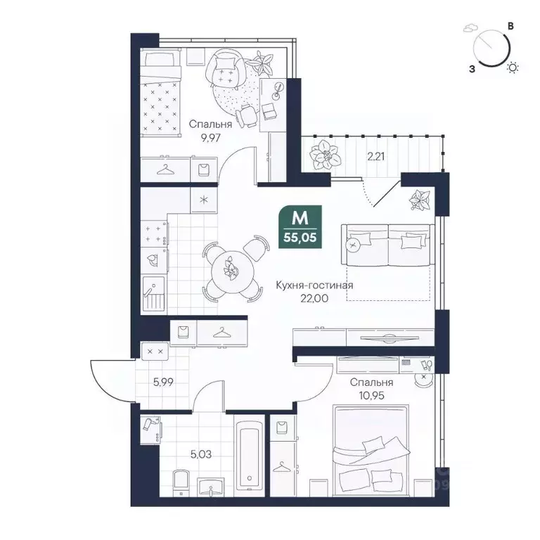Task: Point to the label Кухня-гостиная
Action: [x=314, y=285]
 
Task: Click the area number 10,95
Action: [x=368, y=397]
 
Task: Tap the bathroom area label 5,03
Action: [x=200, y=454]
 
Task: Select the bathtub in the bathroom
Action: [x=250, y=454]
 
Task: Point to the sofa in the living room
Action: [x=387, y=245]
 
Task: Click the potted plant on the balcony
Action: [x=324, y=151]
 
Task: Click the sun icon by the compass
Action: [x=514, y=67]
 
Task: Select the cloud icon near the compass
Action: [x=470, y=30]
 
